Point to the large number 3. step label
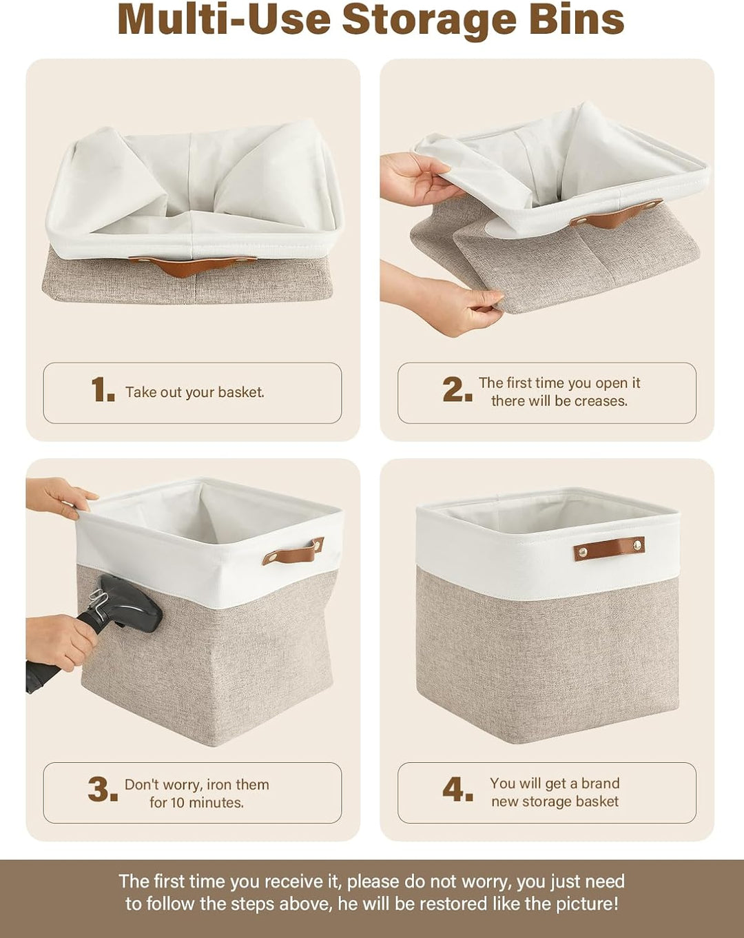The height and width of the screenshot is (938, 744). pyautogui.click(x=103, y=790)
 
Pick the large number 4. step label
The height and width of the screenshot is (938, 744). pyautogui.click(x=457, y=789)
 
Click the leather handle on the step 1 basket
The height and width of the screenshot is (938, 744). pyautogui.click(x=192, y=265)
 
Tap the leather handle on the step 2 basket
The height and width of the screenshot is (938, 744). pyautogui.click(x=615, y=214)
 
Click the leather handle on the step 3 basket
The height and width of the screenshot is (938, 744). pyautogui.click(x=293, y=551)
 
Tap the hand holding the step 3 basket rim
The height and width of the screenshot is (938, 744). pyautogui.click(x=61, y=497)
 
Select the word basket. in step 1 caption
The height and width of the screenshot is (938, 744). pyautogui.click(x=241, y=392)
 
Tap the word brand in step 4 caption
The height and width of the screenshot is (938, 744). pyautogui.click(x=600, y=783)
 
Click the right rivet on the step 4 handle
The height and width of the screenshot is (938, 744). pyautogui.click(x=637, y=545)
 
